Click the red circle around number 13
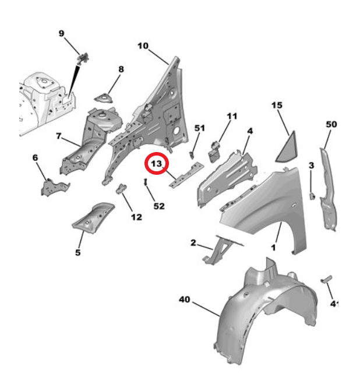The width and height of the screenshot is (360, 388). click(x=157, y=163)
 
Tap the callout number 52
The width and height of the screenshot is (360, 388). click(x=159, y=206)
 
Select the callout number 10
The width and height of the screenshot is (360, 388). click(x=143, y=46)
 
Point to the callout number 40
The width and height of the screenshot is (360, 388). click(x=185, y=299)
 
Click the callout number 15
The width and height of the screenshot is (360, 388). click(x=277, y=105)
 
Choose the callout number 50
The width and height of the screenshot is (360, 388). click(x=331, y=124)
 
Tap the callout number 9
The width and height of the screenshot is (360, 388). click(x=62, y=33)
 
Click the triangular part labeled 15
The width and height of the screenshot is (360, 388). click(x=287, y=147)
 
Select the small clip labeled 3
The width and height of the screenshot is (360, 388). click(x=312, y=196)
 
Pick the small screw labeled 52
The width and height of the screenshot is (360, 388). click(x=146, y=182)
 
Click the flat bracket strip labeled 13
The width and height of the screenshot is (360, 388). click(x=186, y=175)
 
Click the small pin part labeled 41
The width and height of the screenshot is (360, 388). click(x=326, y=279)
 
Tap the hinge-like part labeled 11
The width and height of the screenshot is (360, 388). click(x=215, y=151)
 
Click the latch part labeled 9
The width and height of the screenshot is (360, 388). click(x=83, y=58)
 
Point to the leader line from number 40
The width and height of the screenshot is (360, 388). click(x=206, y=309)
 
